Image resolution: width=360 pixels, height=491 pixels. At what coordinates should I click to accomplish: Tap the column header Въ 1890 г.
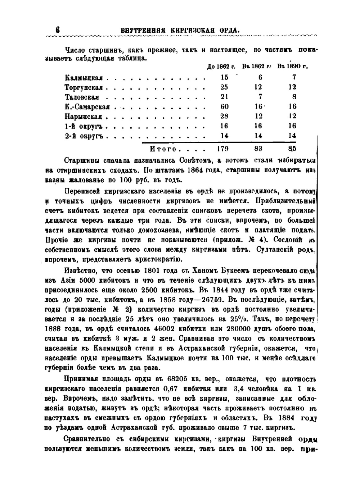(292, 67)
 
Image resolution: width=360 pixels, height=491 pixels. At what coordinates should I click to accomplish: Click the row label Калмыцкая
(84, 78)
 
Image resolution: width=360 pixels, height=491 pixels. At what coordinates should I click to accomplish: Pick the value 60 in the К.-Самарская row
(224, 106)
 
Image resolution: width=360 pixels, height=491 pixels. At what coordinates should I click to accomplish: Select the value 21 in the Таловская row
(224, 97)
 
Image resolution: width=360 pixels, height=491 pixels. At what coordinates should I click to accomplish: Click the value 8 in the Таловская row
(294, 97)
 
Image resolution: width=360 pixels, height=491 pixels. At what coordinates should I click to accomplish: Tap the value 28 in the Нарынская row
(224, 116)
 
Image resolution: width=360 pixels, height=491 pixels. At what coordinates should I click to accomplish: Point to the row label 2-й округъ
(84, 136)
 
